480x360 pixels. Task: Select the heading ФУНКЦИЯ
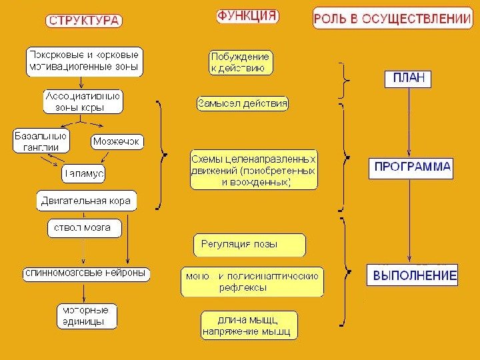point(247,17)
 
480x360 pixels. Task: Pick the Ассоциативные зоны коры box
point(83,101)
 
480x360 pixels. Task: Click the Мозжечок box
point(116,142)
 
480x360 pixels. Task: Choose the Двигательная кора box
point(86,199)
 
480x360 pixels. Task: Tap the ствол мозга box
point(83,228)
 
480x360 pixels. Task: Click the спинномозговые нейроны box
point(86,273)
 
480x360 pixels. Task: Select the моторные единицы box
point(86,315)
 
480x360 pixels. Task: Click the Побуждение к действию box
point(241,62)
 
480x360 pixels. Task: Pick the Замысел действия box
point(243,104)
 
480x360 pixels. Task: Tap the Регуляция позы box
point(249,245)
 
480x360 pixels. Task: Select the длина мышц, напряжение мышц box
point(249,325)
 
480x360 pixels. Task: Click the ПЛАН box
point(408,79)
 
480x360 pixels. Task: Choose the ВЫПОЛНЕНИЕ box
point(412,275)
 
